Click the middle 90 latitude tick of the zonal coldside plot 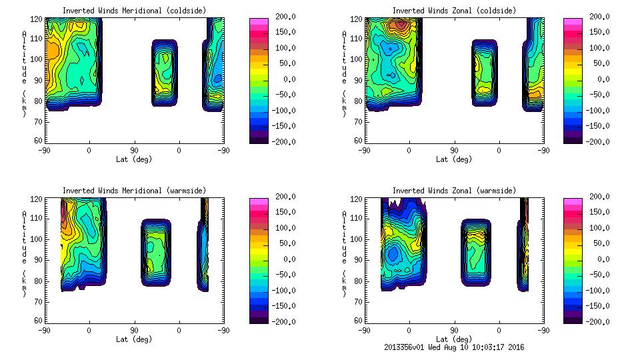point(453,151)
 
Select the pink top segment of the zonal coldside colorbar point(572,21)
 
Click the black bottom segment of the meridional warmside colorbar point(257,317)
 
